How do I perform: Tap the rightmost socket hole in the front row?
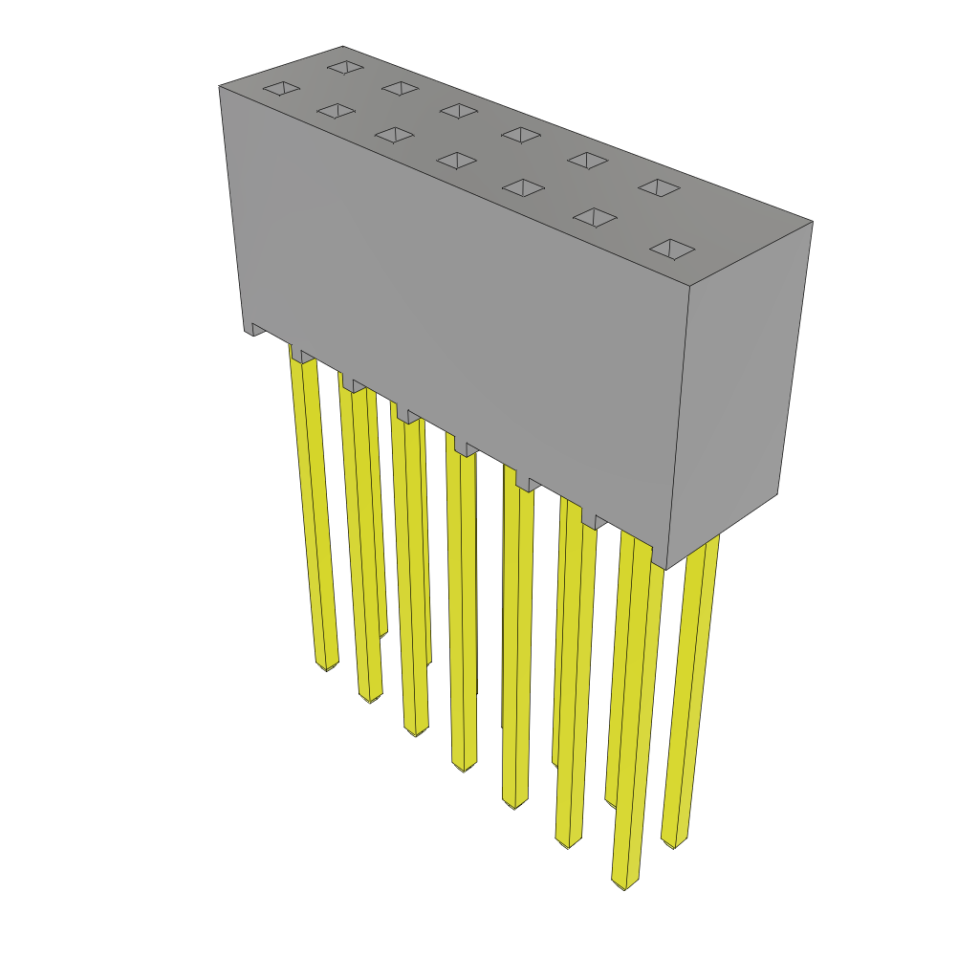coord(672,250)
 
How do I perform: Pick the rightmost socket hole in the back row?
coord(659,187)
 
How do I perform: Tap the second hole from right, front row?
coord(595,218)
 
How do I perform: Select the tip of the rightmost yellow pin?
coord(674,842)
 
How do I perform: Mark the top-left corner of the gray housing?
coord(220,87)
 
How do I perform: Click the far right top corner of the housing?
coord(812,222)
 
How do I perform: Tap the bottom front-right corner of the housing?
coord(665,568)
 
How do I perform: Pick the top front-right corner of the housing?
coord(689,286)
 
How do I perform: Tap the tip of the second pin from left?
coord(370,697)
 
